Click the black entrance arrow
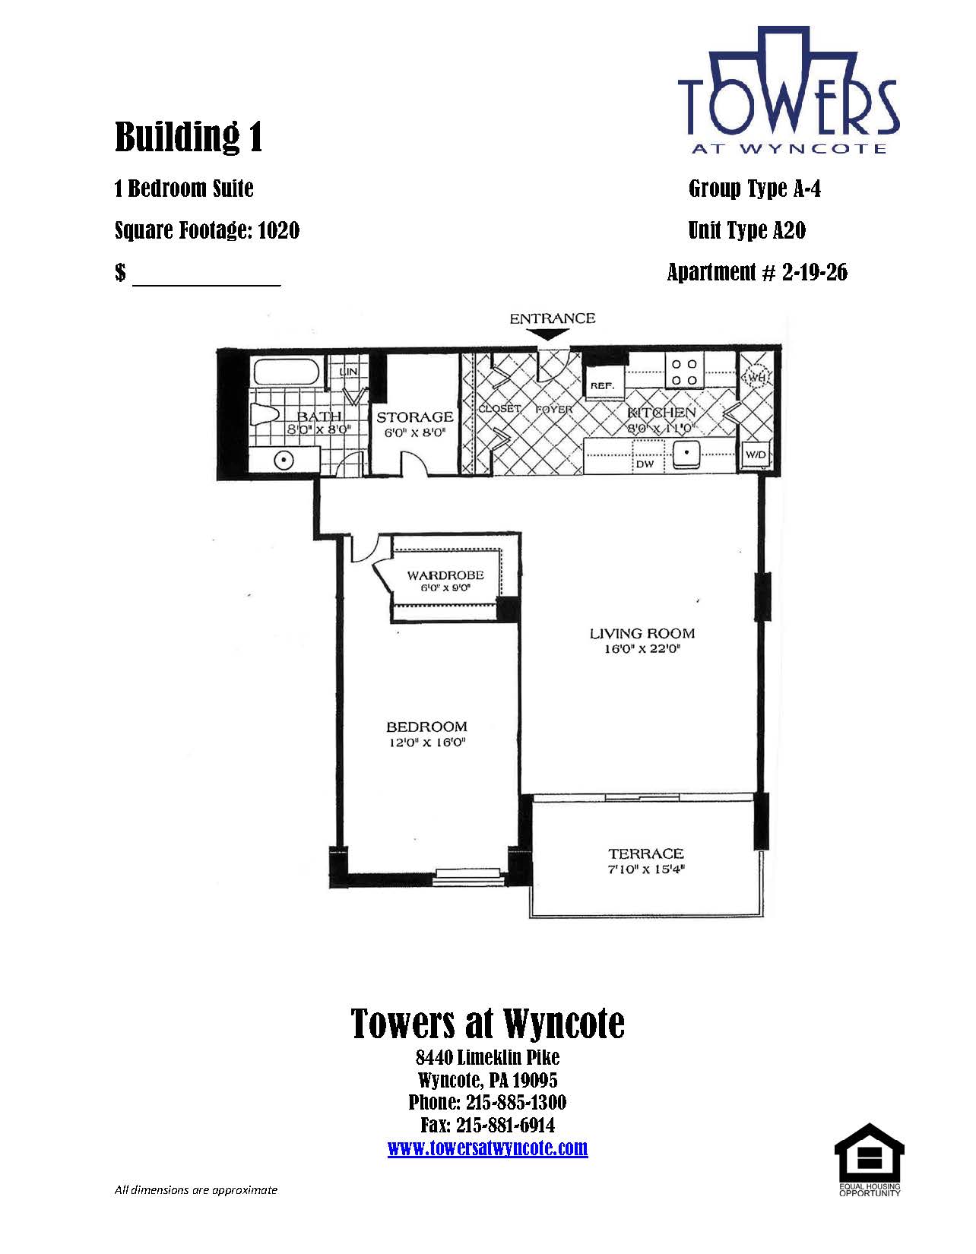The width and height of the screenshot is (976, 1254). pos(553,334)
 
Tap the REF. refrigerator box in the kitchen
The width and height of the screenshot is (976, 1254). pos(601,385)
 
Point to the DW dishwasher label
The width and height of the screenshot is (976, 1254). pos(644,464)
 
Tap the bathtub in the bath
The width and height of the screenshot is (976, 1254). pos(287,372)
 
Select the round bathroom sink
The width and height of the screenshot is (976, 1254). pos(283,461)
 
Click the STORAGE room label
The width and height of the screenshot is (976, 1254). pos(414,416)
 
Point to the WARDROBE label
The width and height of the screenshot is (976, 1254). pos(445,575)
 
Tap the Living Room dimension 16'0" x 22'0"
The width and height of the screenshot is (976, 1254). pos(642,648)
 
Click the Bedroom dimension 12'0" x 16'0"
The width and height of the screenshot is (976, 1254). pos(426,742)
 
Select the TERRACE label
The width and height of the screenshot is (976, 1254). pos(645,853)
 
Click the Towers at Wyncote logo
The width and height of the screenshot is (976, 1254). pos(788,90)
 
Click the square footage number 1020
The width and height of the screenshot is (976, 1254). pos(278,231)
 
